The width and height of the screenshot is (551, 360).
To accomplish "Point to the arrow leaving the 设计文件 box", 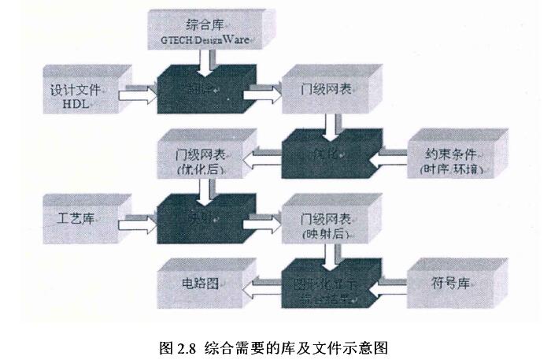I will coord(137,96).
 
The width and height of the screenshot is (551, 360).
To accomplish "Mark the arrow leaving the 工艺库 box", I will coord(137,225).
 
